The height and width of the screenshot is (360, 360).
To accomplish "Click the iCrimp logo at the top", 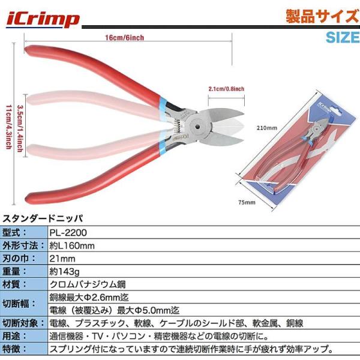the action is (43, 19).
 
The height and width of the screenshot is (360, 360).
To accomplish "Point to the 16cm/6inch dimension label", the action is (124, 37).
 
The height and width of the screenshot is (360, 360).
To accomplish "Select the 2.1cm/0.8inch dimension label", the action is (227, 89).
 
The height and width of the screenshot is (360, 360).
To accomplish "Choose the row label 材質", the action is (14, 284).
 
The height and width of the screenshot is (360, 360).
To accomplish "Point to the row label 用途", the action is (14, 337).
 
